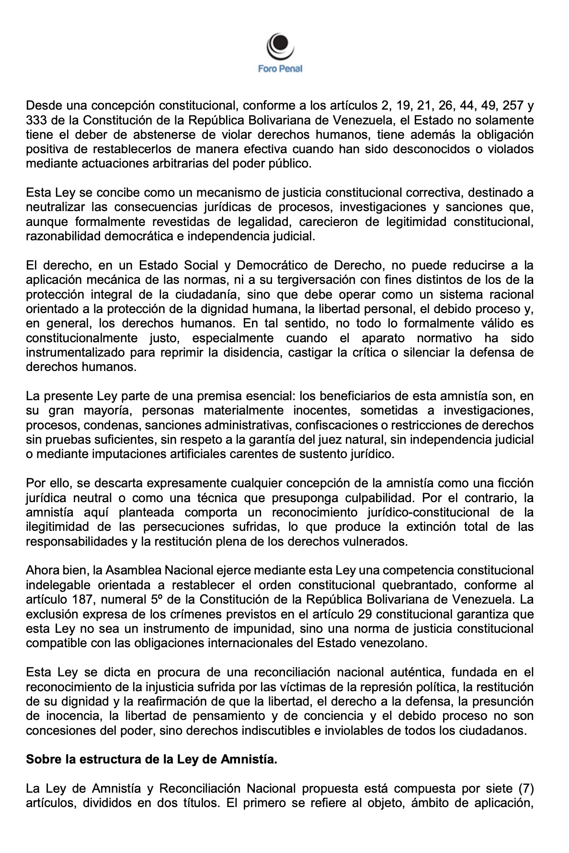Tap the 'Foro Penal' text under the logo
[x=280, y=69]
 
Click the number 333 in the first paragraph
[x=35, y=120]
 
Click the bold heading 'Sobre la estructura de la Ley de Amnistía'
[x=151, y=760]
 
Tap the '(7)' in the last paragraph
[x=523, y=788]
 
